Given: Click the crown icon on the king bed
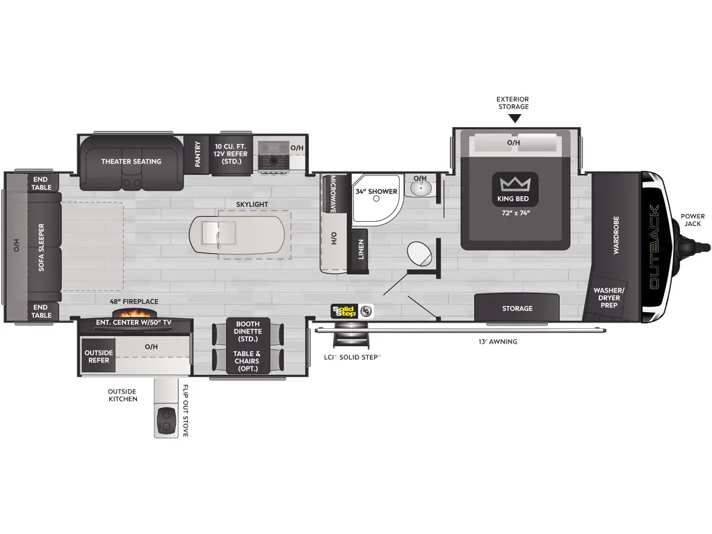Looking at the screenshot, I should [515, 184].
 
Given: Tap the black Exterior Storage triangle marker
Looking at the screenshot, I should [515, 118].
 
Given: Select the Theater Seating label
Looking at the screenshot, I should [131, 161].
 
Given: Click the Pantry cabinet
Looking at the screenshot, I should [198, 154].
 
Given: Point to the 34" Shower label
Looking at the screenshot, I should [376, 191].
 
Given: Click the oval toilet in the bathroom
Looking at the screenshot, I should [419, 253].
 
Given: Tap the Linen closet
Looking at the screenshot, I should [360, 250].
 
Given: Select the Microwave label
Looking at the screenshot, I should [332, 193].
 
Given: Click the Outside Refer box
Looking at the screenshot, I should [99, 356].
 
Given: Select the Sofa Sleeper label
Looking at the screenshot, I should [41, 247].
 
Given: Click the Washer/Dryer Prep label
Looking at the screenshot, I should [609, 298].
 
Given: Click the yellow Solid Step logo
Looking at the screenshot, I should [343, 311].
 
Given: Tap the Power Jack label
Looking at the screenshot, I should [693, 220].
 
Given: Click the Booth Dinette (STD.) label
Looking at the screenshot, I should [248, 332].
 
